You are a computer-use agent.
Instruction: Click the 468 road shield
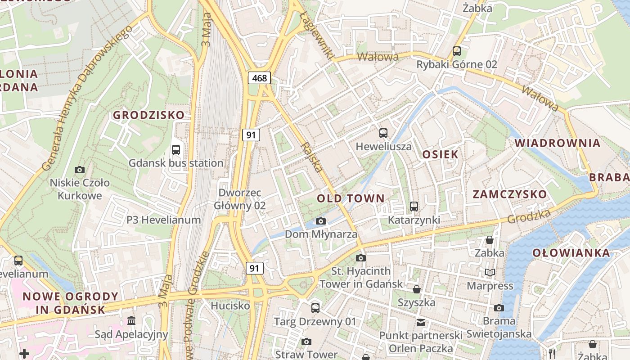(x=259, y=78)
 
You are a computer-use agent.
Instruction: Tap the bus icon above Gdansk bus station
(x=176, y=149)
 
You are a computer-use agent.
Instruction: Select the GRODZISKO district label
(x=148, y=115)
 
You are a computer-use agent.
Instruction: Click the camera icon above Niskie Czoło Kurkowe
(x=80, y=170)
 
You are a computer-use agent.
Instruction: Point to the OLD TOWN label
(x=351, y=198)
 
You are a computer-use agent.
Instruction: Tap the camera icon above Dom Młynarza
(x=321, y=221)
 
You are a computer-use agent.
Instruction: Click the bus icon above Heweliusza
(x=383, y=133)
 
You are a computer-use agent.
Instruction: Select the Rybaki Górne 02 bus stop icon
(x=457, y=51)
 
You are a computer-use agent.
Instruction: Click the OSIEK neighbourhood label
(x=440, y=154)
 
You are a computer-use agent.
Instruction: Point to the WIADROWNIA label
(x=558, y=144)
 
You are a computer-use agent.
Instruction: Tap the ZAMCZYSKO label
(x=509, y=194)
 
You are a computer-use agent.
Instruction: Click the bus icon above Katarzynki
(x=414, y=207)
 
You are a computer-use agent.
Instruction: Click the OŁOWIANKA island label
(x=571, y=253)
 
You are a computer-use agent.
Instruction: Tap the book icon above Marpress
(x=490, y=272)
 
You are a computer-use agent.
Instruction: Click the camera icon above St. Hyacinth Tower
(x=361, y=258)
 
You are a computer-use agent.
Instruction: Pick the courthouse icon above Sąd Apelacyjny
(x=131, y=321)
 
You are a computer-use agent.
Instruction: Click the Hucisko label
(x=230, y=306)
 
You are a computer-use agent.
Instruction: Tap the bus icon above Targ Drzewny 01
(x=315, y=308)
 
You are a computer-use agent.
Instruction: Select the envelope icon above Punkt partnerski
(x=421, y=322)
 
